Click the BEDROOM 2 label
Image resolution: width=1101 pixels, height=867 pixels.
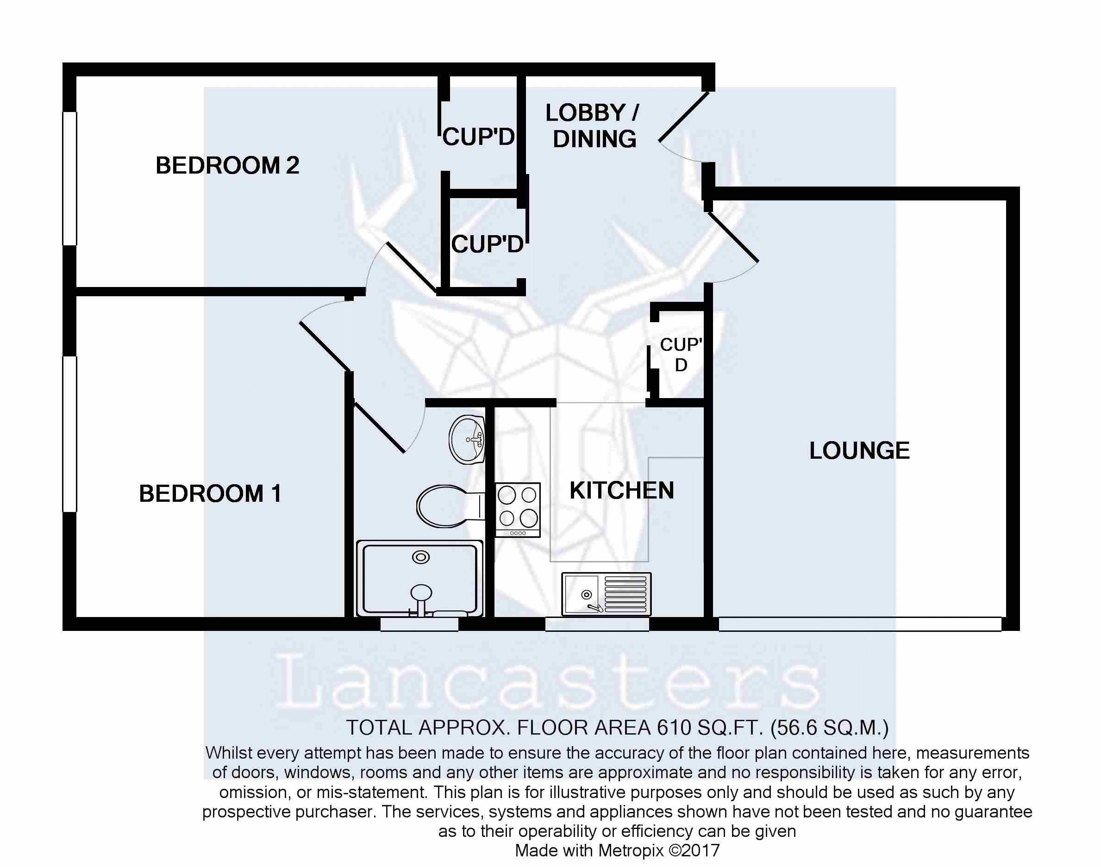[227, 165]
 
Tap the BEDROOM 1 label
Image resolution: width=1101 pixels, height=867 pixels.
[210, 493]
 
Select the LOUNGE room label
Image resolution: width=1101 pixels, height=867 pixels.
[859, 451]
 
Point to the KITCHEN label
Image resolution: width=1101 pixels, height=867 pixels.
[621, 490]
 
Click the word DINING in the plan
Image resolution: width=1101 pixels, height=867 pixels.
[594, 139]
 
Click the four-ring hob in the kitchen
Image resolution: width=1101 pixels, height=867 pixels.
[517, 509]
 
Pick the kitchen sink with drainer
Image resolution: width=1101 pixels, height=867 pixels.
[606, 594]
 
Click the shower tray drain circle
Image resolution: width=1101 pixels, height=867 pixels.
[420, 557]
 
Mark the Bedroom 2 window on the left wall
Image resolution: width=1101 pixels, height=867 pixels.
[69, 179]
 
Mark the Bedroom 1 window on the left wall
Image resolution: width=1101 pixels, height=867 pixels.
[69, 434]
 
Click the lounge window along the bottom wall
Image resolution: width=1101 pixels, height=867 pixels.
[860, 624]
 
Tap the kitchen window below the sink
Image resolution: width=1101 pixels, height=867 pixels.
[597, 624]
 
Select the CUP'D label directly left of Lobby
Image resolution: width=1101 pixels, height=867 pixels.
[478, 137]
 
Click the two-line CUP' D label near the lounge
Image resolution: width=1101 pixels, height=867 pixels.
[681, 354]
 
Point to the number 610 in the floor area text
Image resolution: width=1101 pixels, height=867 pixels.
[674, 728]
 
